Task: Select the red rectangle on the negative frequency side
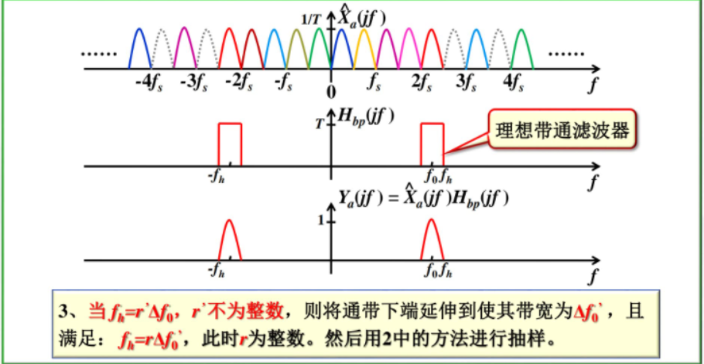pos(230,144)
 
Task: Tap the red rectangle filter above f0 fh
pos(432,144)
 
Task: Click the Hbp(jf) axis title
pos(367,116)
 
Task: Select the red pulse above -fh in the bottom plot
pos(229,240)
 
